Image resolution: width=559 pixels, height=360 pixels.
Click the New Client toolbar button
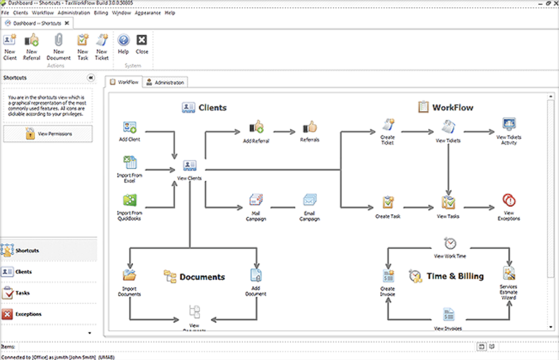coord(10,46)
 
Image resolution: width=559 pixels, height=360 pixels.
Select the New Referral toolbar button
coord(32,46)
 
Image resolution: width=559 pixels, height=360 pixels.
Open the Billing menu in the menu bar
coord(101,12)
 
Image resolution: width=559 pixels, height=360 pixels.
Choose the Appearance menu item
coord(148,12)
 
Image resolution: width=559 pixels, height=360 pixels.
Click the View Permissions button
coord(48,134)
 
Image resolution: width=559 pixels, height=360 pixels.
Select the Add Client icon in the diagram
coord(130,128)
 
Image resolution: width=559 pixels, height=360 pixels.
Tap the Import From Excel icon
coord(130,164)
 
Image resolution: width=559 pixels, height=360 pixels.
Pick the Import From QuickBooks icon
coord(130,201)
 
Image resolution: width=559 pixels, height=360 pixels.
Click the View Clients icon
coord(190,166)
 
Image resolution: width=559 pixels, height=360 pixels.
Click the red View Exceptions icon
coord(509,201)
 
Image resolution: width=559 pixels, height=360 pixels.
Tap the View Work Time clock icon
coord(450,244)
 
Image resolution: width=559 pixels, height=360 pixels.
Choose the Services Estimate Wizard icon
coord(509,273)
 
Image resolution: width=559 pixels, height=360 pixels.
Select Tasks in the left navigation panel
coord(22,293)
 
